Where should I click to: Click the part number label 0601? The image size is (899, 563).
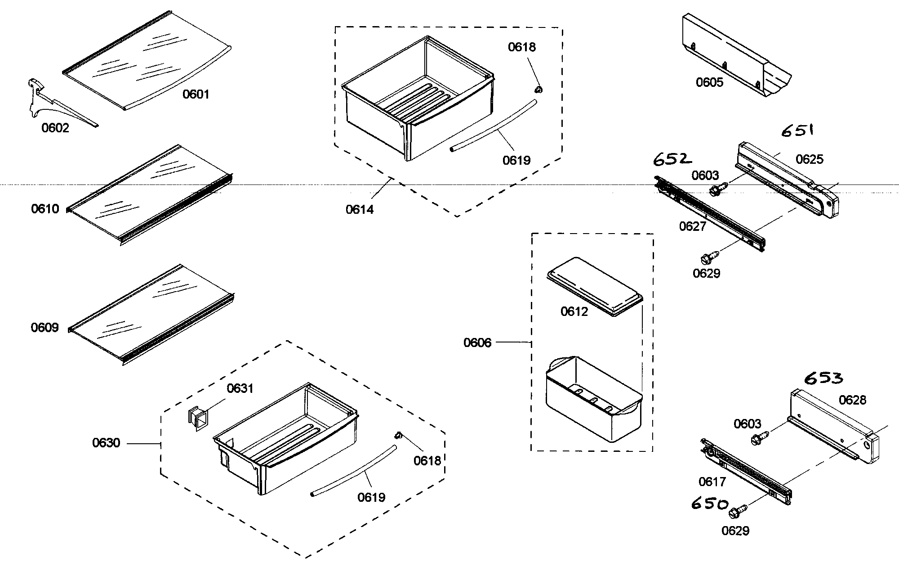[x=196, y=95]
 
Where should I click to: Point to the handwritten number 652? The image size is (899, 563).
[x=672, y=159]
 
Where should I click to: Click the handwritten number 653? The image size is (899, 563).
[x=823, y=378]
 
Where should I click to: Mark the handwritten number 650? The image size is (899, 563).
[x=710, y=504]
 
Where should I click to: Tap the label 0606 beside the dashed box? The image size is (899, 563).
[x=477, y=343]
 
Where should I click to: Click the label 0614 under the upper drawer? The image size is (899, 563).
[x=360, y=210]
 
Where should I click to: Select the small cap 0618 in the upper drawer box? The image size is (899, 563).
[x=539, y=89]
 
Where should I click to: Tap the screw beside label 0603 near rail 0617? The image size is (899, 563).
[x=759, y=437]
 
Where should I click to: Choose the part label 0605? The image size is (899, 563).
[x=710, y=82]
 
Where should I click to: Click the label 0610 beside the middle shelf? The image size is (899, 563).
[x=45, y=209]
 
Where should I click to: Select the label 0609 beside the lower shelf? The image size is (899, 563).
[x=45, y=328]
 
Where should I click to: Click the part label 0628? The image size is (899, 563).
[x=853, y=400]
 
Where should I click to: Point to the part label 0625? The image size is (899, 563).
[x=810, y=159]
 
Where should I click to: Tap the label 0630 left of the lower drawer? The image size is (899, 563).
[x=106, y=443]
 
